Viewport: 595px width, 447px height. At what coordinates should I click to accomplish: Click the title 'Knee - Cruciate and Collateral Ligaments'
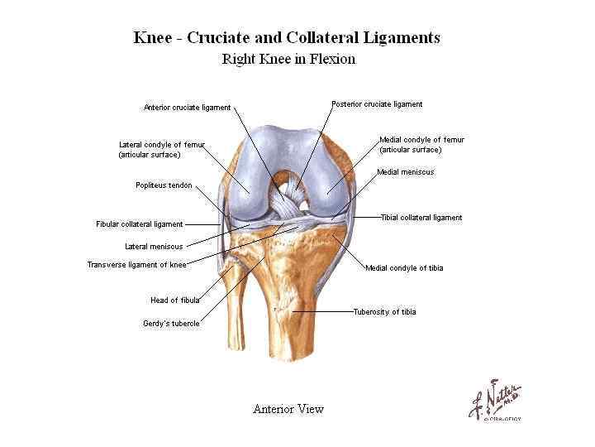287,38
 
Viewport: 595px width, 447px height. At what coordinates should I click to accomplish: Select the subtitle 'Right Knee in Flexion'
288,59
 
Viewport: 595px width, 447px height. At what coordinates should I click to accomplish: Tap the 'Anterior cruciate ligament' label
187,107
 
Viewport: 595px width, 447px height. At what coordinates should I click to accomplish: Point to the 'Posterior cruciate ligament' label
377,104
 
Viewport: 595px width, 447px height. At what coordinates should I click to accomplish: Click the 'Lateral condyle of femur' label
161,149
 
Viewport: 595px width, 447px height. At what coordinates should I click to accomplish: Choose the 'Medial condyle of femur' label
421,145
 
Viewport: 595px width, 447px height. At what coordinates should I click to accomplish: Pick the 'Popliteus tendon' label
164,185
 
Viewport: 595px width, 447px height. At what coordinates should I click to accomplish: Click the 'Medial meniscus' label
405,172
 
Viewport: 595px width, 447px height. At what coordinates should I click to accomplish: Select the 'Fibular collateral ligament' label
140,224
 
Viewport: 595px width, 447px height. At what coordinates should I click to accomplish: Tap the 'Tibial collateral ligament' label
421,218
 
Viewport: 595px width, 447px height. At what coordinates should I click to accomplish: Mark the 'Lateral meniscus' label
154,246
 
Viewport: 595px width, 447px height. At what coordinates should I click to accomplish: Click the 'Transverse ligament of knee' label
136,265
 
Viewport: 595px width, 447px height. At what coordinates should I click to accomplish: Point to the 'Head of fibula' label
174,300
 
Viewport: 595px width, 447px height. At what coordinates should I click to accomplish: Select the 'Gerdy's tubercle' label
170,324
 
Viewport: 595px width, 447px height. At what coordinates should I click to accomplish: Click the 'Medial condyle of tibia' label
404,267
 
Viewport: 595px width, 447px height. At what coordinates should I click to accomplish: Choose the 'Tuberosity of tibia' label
384,312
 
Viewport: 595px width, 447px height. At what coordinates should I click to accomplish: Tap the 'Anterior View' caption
288,409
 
